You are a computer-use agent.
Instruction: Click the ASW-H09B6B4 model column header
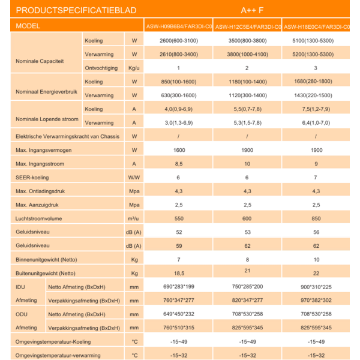click(x=179, y=26)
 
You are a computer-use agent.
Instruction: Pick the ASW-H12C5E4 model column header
click(x=247, y=26)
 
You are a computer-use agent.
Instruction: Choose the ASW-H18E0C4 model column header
click(x=316, y=26)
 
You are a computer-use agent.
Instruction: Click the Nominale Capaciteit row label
click(x=40, y=61)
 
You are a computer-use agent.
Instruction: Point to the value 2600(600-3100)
click(x=178, y=41)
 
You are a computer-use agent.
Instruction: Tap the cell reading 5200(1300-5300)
click(x=316, y=54)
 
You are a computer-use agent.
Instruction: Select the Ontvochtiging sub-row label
click(x=101, y=68)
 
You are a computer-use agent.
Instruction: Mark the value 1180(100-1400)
click(x=247, y=82)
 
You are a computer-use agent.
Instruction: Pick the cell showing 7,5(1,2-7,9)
click(x=316, y=110)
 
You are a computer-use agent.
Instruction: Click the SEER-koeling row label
click(x=32, y=178)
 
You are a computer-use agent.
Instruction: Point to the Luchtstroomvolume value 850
click(x=316, y=218)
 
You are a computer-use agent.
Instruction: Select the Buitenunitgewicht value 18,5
click(x=178, y=273)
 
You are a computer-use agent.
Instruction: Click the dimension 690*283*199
click(x=178, y=287)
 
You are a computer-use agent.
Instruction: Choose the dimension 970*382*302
click(x=316, y=300)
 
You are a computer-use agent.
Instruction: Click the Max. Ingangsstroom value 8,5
click(x=178, y=164)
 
